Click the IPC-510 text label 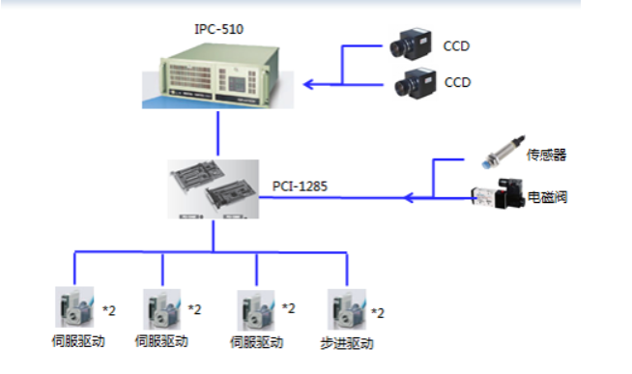point(218,29)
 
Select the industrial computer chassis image point(218,75)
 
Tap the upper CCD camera point(411,43)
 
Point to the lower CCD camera point(415,83)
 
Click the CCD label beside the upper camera point(456,46)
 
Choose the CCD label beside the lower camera point(457,82)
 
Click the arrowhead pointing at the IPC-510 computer point(308,85)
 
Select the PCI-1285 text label point(300,187)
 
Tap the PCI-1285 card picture point(214,189)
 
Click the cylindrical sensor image point(503,152)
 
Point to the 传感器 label point(546,155)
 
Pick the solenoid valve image point(499,193)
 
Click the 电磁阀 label point(547,197)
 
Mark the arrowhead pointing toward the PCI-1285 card point(409,197)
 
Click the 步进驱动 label point(347,343)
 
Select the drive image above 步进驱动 point(347,309)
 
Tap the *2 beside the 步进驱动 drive point(378,313)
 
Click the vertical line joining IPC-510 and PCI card point(218,133)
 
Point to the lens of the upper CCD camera point(399,49)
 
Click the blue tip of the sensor point(486,163)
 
